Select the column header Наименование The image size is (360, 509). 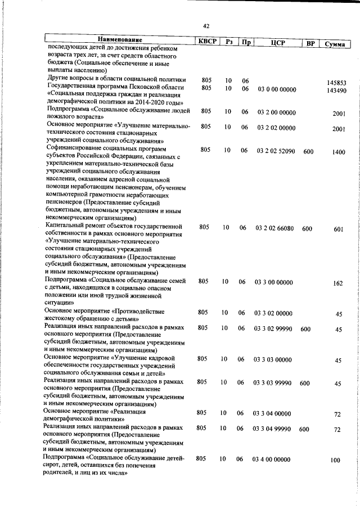click(x=119, y=40)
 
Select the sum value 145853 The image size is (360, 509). click(x=336, y=83)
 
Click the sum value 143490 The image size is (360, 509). click(x=336, y=91)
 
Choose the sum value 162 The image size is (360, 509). click(x=337, y=283)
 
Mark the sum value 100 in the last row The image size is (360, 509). click(x=336, y=461)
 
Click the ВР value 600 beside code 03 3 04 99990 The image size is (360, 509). click(x=304, y=429)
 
